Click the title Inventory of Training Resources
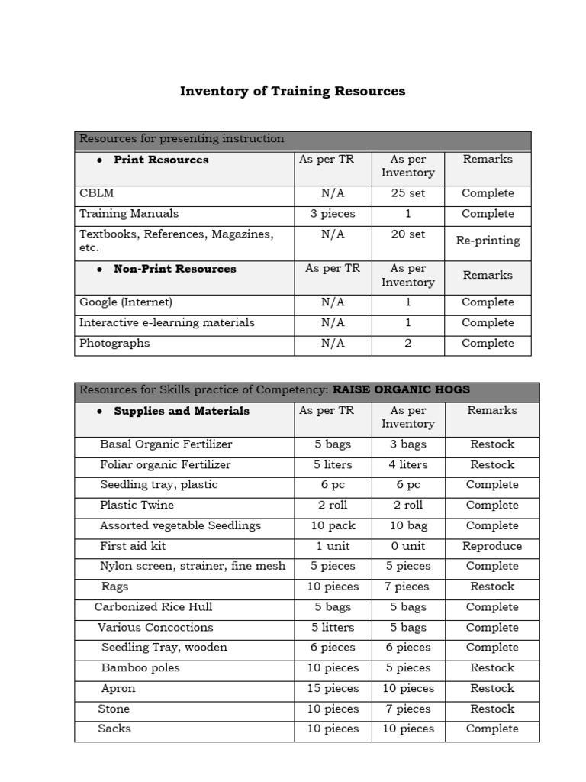(292, 92)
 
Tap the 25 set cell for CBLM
(407, 194)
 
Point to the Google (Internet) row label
(126, 302)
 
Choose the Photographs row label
(114, 344)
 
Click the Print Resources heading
(160, 160)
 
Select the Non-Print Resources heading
(174, 269)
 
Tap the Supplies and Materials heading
(181, 411)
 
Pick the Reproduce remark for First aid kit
(492, 547)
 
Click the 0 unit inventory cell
(407, 547)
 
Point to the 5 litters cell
(333, 628)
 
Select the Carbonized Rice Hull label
(153, 607)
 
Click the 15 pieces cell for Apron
(333, 689)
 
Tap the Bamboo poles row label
(140, 668)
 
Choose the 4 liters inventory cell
(407, 465)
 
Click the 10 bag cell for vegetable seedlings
(407, 526)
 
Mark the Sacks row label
(114, 729)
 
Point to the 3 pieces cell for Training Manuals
(333, 215)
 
